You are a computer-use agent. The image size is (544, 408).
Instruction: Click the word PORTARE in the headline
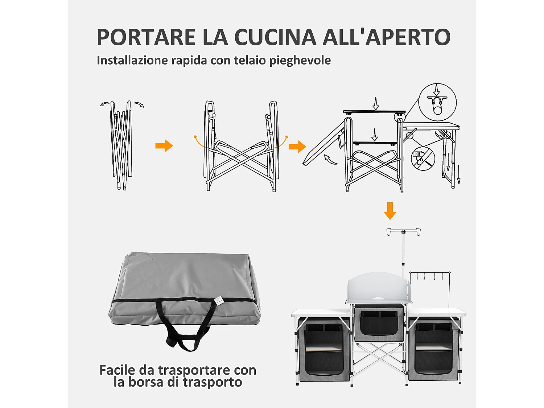coord(146,37)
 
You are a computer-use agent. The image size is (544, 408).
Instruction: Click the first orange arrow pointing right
coord(164,146)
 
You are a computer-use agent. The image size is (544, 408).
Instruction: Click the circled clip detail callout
coord(437,102)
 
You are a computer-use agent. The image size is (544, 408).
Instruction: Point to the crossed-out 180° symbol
coord(423,158)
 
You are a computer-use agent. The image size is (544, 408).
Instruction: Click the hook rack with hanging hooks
coord(430,276)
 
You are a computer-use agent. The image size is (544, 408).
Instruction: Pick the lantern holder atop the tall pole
coord(403,231)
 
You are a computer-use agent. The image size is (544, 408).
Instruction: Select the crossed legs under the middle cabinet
coord(379,359)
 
